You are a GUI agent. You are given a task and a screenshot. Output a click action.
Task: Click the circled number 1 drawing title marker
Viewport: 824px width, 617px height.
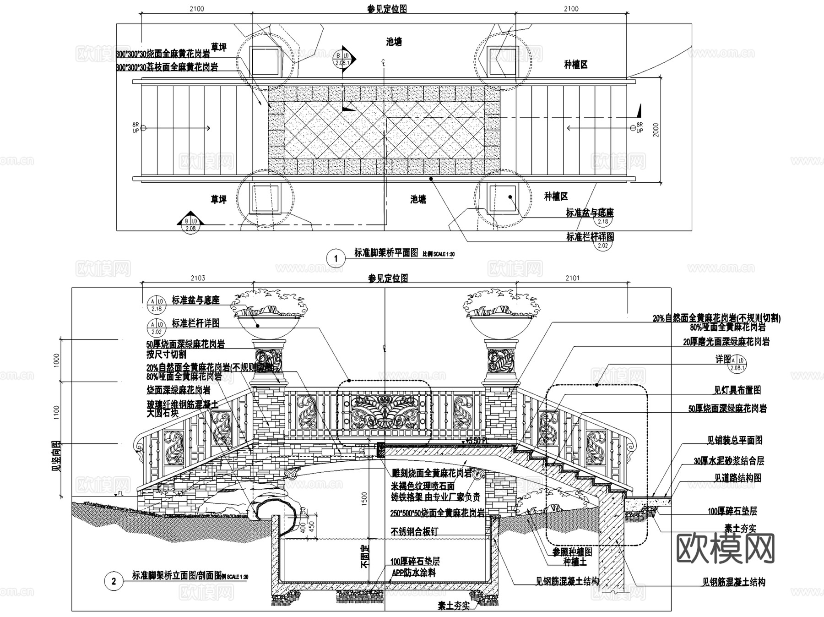coord(336,258)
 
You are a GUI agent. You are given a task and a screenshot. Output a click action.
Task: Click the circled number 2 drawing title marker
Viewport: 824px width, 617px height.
coord(114,581)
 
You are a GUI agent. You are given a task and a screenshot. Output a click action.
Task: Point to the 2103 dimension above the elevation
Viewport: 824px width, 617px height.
coord(198,278)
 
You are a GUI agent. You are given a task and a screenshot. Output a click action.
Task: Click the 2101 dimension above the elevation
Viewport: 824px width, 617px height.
coord(572,278)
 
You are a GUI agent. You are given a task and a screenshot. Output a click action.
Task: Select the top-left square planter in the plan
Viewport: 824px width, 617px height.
coord(265,60)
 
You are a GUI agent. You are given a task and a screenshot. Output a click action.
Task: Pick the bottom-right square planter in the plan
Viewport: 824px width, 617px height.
coord(502,198)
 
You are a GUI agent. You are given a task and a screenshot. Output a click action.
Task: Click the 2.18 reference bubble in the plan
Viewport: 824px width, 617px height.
coord(603,221)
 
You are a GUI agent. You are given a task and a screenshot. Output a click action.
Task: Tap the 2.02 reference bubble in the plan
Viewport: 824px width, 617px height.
coord(602,245)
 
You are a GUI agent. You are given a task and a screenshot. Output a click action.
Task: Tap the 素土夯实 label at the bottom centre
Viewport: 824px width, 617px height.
coord(454,606)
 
